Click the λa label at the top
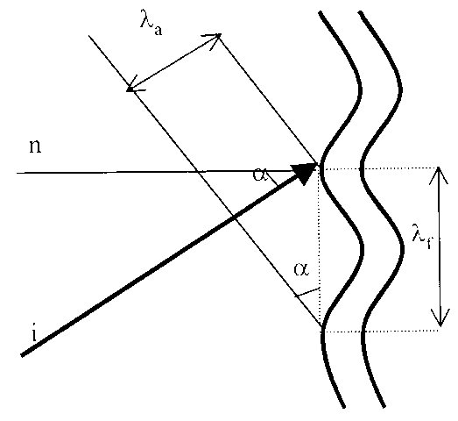(151, 23)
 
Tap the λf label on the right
(422, 237)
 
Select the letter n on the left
(35, 146)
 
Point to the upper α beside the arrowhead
(260, 174)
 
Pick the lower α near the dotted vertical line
(301, 269)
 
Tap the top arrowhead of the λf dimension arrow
(438, 175)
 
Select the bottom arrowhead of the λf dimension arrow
(440, 318)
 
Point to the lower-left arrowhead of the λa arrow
(133, 85)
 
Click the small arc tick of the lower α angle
(307, 292)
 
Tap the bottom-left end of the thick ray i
(22, 355)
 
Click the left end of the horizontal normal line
(17, 173)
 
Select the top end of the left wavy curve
(321, 13)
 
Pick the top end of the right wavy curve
(361, 13)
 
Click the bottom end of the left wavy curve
(344, 406)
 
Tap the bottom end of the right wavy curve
(384, 406)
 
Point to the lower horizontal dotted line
(380, 332)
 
